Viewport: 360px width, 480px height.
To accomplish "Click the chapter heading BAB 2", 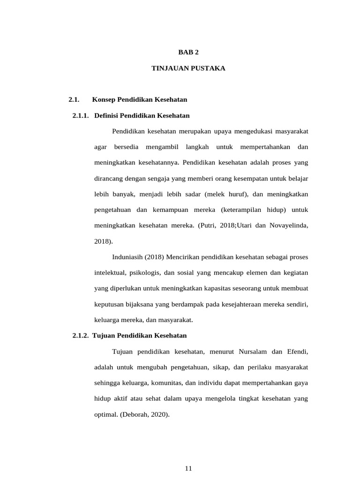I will tap(188, 52).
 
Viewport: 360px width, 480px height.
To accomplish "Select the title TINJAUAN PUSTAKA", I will tap(188, 68).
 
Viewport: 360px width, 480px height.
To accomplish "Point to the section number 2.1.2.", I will tap(81, 336).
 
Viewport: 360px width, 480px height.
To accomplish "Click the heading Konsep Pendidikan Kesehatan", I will tap(140, 99).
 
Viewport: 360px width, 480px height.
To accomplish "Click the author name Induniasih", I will tap(127, 257).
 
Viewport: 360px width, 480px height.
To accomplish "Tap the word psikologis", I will tap(142, 273).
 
